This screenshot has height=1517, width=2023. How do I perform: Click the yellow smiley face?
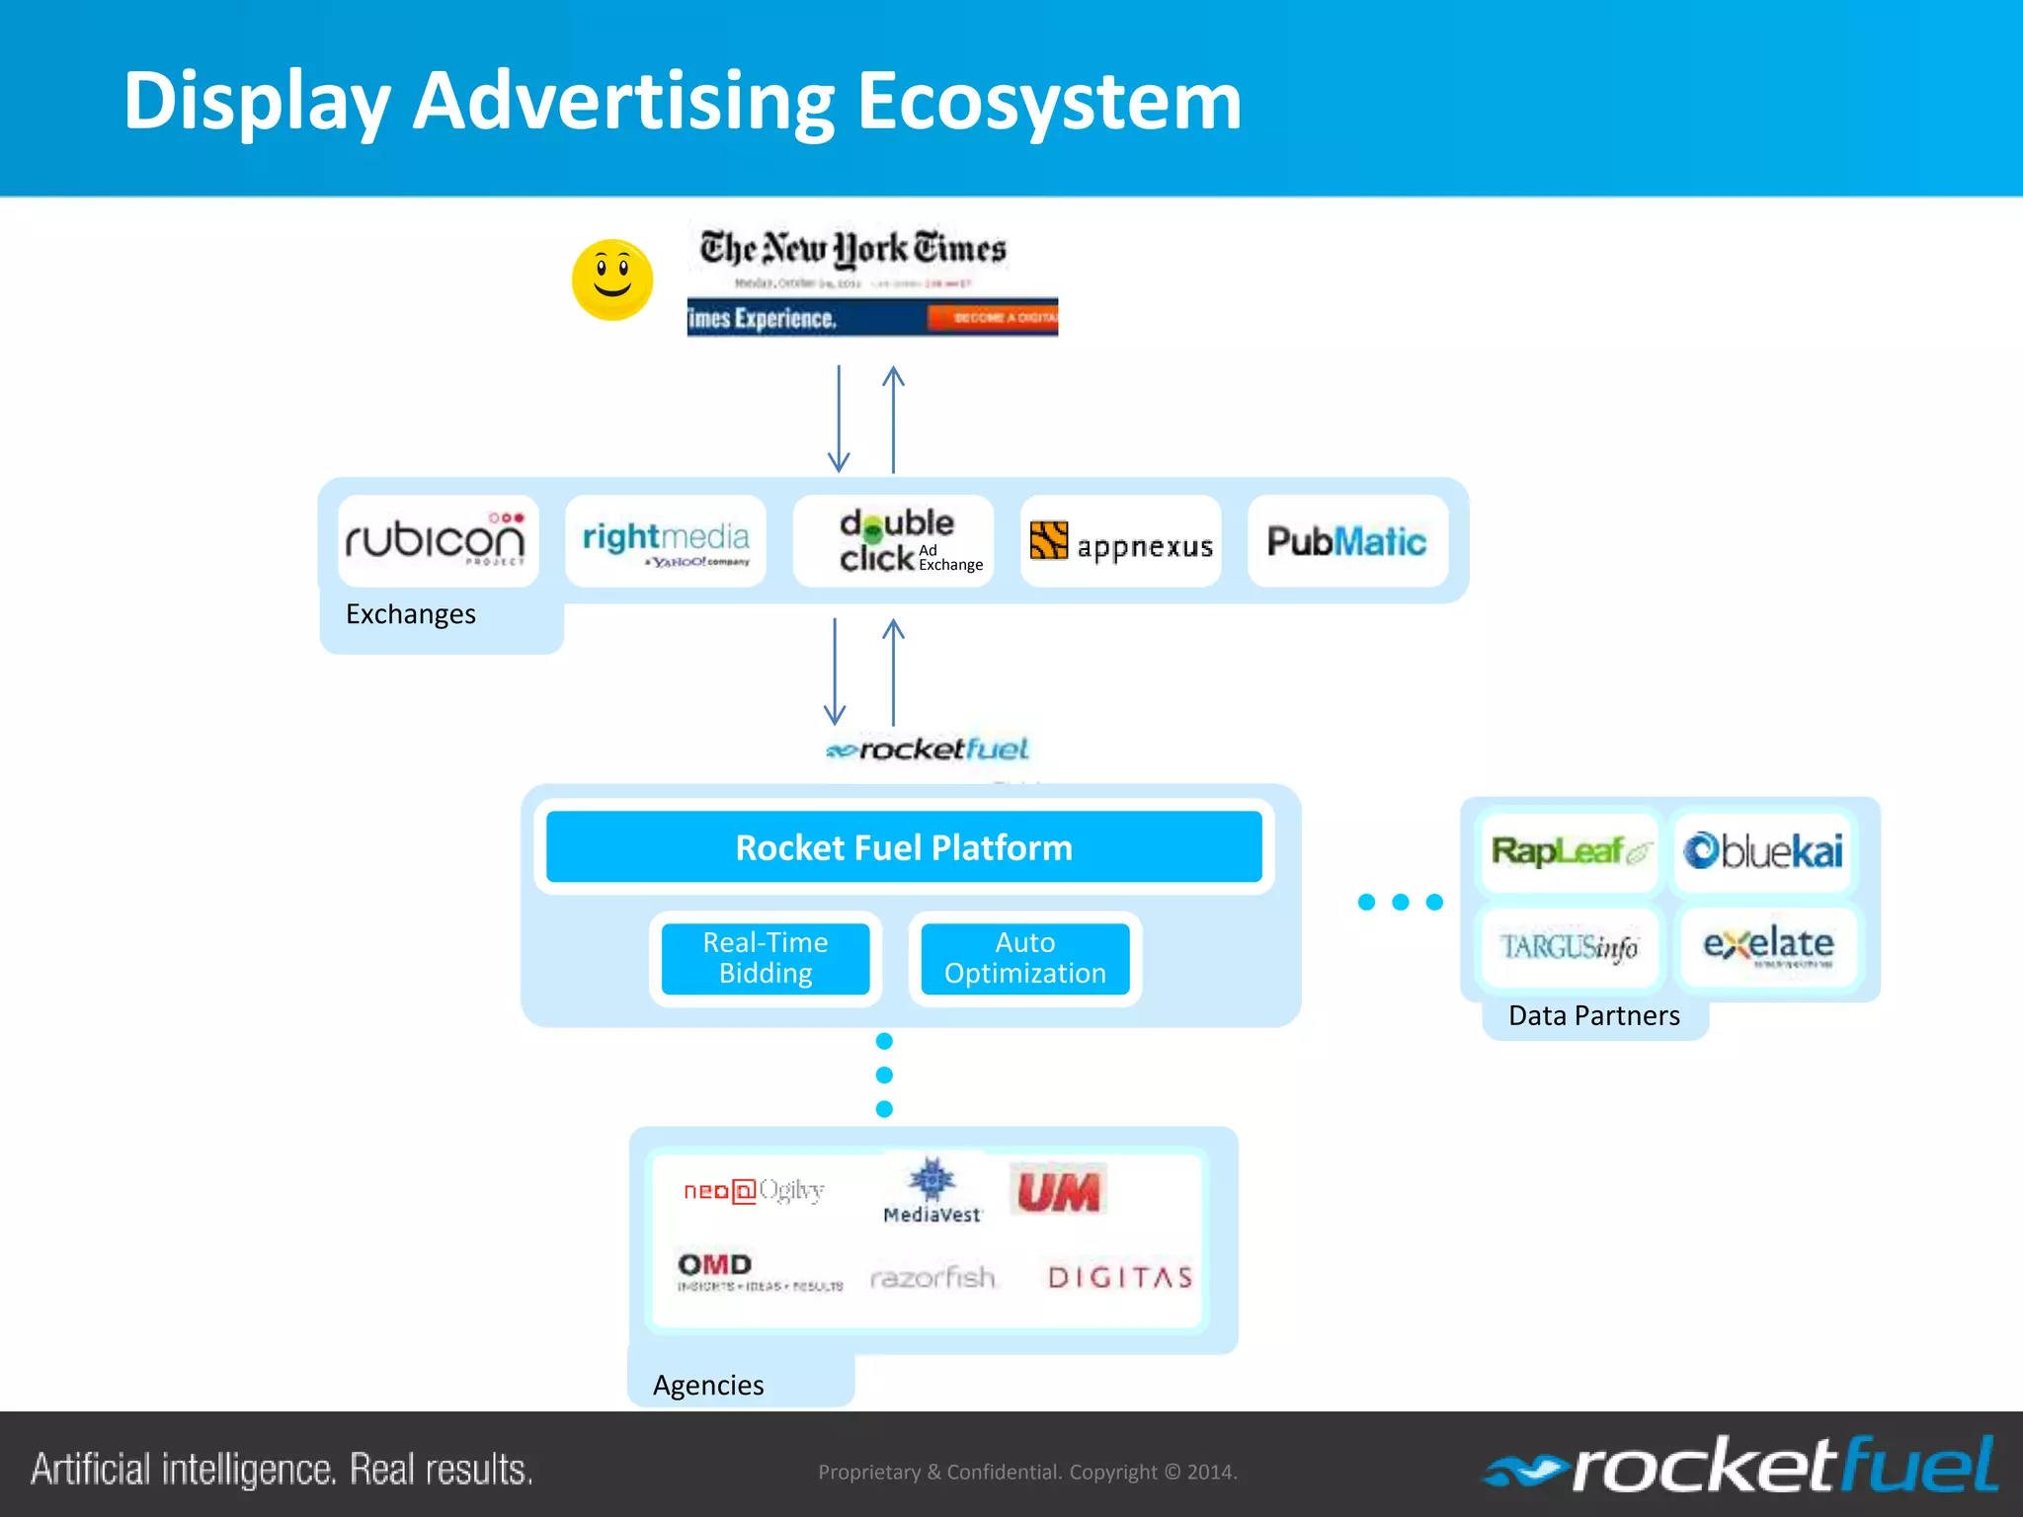pyautogui.click(x=612, y=279)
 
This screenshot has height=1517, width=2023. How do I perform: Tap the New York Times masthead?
pyautogui.click(x=853, y=249)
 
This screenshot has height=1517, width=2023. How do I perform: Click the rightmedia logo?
pyautogui.click(x=666, y=541)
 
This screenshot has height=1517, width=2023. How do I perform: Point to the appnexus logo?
pyautogui.click(x=1121, y=542)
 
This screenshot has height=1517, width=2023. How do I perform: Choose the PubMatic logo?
pyautogui.click(x=1347, y=541)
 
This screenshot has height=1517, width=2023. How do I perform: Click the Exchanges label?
pyautogui.click(x=411, y=614)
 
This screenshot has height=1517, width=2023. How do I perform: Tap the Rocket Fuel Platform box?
pyautogui.click(x=904, y=847)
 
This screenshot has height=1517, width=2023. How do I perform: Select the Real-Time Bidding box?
pyautogui.click(x=766, y=958)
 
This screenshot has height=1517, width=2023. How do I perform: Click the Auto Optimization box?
pyautogui.click(x=1025, y=958)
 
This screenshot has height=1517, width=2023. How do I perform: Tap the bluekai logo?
pyautogui.click(x=1764, y=851)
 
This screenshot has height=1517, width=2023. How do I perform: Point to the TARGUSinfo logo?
pyautogui.click(x=1570, y=947)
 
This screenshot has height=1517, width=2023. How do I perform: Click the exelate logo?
pyautogui.click(x=1768, y=946)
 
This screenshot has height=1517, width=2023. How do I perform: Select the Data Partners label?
pyautogui.click(x=1594, y=1015)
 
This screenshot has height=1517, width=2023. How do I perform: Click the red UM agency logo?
pyautogui.click(x=1058, y=1191)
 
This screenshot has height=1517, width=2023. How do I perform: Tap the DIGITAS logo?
pyautogui.click(x=1121, y=1278)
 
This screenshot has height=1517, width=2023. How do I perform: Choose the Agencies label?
pyautogui.click(x=708, y=1385)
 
